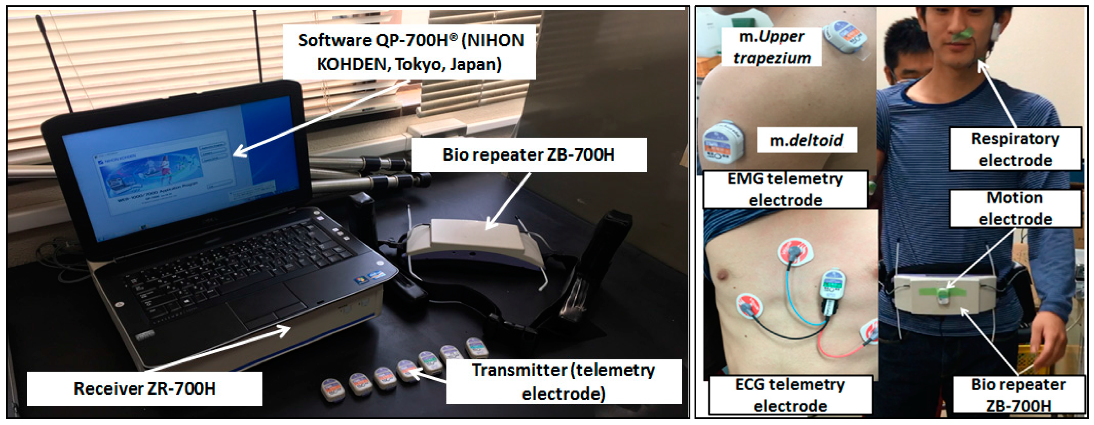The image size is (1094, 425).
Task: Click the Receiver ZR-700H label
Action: tap(144, 389)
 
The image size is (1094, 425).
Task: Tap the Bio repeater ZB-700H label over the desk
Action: tap(528, 155)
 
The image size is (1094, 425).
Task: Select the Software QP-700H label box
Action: tap(410, 52)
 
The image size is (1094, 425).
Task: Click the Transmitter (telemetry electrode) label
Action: tap(563, 382)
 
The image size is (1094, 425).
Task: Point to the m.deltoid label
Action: tap(806, 140)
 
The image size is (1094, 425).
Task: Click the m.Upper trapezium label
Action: tap(772, 47)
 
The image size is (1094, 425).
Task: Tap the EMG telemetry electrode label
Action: tap(785, 189)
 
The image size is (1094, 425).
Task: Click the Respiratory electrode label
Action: tap(1015, 149)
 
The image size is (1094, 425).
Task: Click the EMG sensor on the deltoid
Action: tap(722, 142)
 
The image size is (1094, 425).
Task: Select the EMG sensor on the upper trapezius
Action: tap(845, 36)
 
